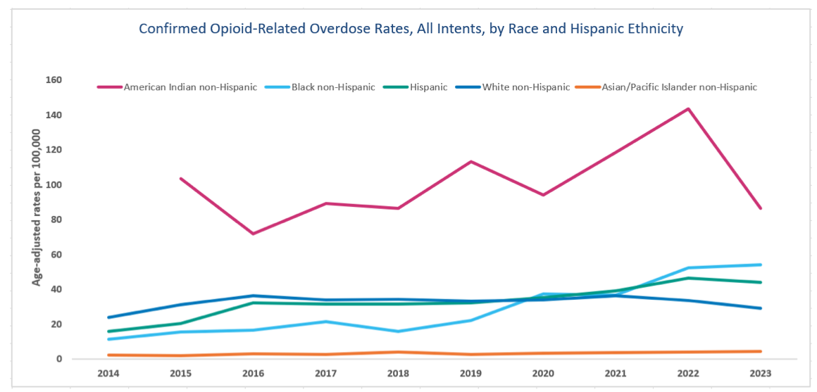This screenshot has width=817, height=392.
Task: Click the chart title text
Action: pos(411,29)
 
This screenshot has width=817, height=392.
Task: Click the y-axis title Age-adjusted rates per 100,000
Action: pos(37,217)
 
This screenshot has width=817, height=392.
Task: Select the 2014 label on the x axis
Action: pos(108,374)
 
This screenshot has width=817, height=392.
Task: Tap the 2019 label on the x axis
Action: pos(470,374)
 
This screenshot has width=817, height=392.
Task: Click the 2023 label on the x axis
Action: pos(761,374)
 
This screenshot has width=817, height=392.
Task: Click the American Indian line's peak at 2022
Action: pos(688,109)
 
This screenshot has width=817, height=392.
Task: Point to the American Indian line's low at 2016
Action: pos(254,234)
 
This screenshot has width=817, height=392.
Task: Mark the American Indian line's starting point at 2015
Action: pos(181,179)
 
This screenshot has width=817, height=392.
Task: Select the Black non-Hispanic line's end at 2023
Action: pos(761,265)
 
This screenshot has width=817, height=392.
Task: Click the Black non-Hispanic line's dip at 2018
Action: pos(398,331)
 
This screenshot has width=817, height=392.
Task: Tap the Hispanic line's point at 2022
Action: pos(688,278)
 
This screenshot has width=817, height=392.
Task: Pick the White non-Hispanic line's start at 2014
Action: pos(108,317)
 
